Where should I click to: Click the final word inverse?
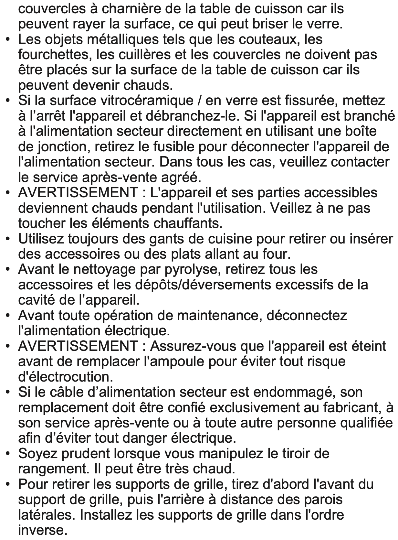41,530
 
